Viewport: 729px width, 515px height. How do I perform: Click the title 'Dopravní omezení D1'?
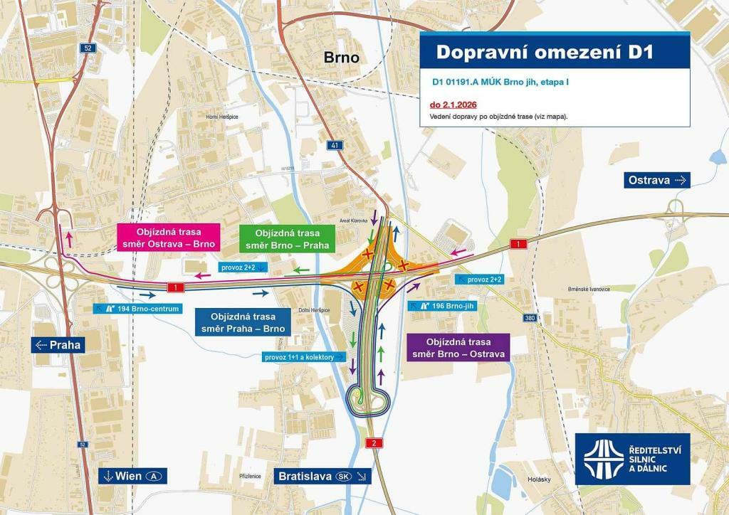[x=544, y=53]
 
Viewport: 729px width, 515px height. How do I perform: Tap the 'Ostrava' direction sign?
[x=657, y=180]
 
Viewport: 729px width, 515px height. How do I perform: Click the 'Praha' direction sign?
[x=59, y=345]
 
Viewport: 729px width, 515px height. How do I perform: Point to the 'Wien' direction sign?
[x=132, y=476]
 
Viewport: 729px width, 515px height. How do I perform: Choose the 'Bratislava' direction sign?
[x=322, y=476]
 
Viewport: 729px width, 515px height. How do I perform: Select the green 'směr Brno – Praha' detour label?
[x=287, y=238]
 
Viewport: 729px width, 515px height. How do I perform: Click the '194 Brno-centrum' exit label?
[x=137, y=309]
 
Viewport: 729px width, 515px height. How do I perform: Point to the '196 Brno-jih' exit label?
[x=441, y=305]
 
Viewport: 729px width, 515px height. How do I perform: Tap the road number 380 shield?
[x=529, y=318]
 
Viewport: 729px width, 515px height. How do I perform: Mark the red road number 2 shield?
[x=374, y=443]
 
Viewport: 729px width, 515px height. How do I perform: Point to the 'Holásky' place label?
[x=539, y=479]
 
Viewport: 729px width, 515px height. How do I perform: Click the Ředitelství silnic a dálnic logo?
[x=632, y=458]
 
